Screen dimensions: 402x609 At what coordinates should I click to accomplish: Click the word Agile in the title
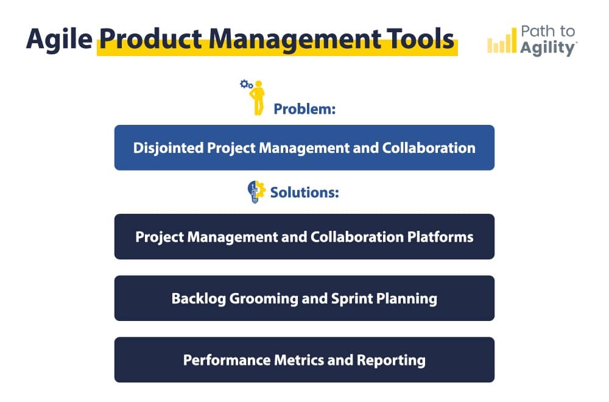click(x=58, y=40)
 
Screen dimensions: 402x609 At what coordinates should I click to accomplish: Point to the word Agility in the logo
click(x=547, y=49)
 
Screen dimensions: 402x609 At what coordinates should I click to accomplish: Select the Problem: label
click(x=305, y=110)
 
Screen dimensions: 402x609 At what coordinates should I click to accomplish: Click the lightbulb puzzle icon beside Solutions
click(x=256, y=192)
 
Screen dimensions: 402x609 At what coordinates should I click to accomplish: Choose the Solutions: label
click(x=304, y=192)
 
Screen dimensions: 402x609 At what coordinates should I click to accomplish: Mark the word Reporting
click(x=389, y=359)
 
